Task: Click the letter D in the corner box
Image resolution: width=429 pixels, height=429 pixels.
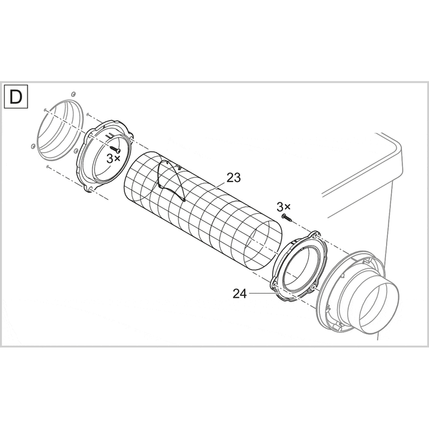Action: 17,97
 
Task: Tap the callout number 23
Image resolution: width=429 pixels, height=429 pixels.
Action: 233,178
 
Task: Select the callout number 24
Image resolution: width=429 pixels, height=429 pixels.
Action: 240,294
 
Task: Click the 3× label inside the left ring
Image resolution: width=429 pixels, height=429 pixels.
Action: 113,158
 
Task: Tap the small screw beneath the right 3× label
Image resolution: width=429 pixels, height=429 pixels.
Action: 286,217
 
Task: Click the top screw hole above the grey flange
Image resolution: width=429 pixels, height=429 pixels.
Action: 73,93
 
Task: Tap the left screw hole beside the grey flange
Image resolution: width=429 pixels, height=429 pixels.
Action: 31,145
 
